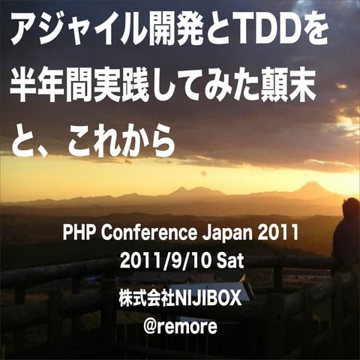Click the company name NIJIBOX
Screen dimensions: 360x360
pyautogui.click(x=208, y=298)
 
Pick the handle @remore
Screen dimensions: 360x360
pyautogui.click(x=180, y=327)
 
